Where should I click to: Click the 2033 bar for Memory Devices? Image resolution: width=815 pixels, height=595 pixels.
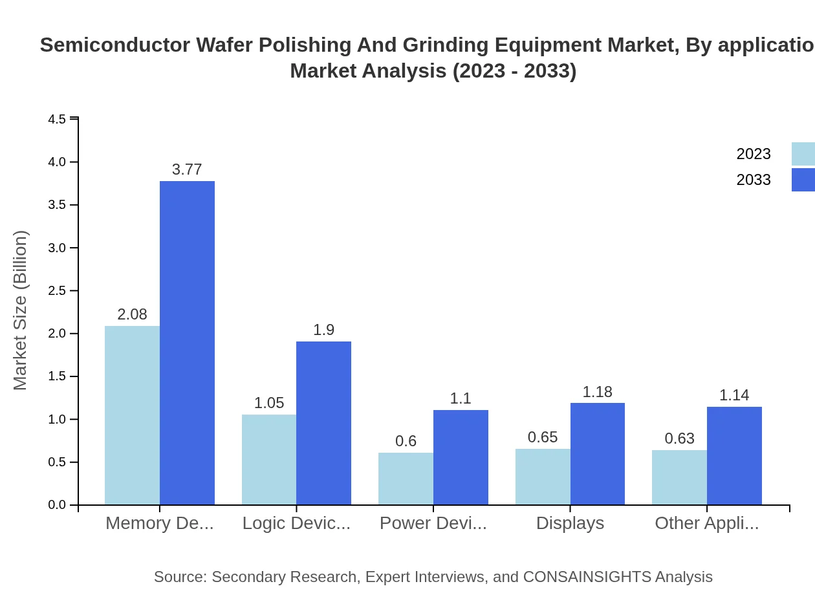click(x=187, y=343)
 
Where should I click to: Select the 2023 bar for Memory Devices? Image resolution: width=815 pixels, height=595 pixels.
click(x=132, y=415)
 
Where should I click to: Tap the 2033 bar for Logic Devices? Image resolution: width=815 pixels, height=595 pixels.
click(x=323, y=423)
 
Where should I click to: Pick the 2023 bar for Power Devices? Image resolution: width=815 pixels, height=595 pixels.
click(x=406, y=479)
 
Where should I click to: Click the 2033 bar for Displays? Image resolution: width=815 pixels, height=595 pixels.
click(x=598, y=454)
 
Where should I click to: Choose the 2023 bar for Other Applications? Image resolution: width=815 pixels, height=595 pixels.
click(x=679, y=477)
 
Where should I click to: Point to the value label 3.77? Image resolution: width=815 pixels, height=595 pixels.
click(x=187, y=169)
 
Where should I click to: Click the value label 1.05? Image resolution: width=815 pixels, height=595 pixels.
click(x=269, y=403)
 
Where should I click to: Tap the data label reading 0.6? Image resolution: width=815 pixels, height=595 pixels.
click(x=406, y=441)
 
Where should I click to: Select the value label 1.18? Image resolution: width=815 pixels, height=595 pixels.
click(x=597, y=392)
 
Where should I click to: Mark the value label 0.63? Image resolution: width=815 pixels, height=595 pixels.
click(x=679, y=438)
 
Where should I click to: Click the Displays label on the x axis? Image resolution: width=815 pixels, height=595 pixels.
click(x=570, y=523)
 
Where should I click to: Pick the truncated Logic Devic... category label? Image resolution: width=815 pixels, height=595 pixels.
click(x=296, y=523)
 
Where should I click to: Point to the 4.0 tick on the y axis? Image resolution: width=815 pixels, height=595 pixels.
click(x=57, y=162)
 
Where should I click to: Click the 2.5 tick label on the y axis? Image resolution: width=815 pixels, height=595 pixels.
click(x=57, y=290)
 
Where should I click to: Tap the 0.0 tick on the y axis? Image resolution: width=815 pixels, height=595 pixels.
click(x=57, y=505)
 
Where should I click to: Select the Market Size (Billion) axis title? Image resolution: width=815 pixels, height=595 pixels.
click(x=21, y=310)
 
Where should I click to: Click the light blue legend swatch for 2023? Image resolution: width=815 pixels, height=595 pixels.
click(x=803, y=154)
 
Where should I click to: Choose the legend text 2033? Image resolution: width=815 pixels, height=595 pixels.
click(x=754, y=180)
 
